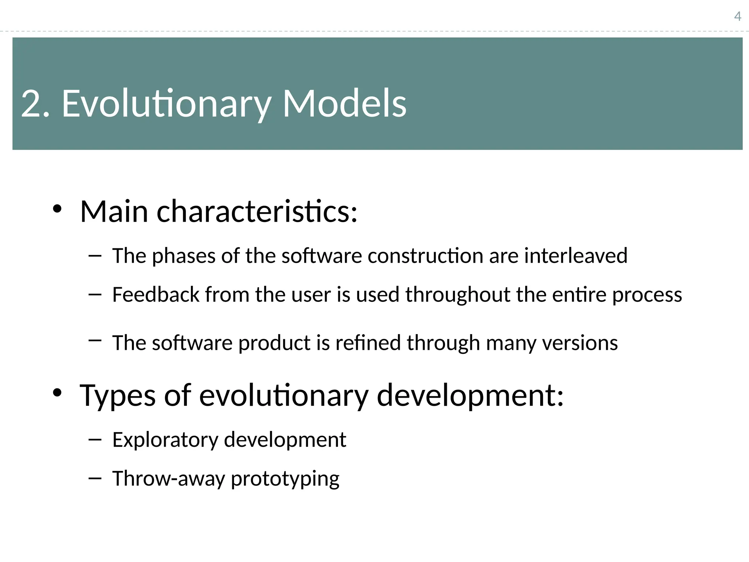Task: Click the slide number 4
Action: tap(738, 16)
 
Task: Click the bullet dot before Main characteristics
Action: tap(57, 209)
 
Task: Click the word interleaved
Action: tap(576, 255)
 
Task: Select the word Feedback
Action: tap(155, 295)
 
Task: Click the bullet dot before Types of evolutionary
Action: tap(57, 393)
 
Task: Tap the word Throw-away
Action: tap(169, 479)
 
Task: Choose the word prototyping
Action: tap(285, 479)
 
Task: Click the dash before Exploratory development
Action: tap(95, 440)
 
